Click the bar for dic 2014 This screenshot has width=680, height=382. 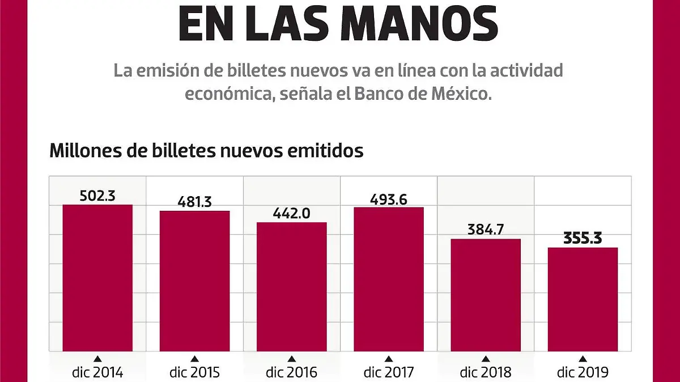(97, 278)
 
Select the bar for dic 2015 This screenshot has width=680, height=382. (194, 281)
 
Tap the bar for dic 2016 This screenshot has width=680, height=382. (292, 287)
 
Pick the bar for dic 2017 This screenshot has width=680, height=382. (389, 279)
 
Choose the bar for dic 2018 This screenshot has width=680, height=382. (486, 295)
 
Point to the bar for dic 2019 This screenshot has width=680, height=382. (583, 299)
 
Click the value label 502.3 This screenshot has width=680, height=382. (97, 196)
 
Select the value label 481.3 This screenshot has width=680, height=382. (194, 202)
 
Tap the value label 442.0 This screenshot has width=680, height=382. (292, 213)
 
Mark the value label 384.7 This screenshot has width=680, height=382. (486, 230)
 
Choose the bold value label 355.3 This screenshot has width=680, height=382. (583, 238)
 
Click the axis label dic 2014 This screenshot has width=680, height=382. (97, 372)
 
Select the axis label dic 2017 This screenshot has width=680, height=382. (389, 372)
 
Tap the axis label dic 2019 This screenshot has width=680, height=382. (583, 372)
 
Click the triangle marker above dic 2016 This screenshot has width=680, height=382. (292, 359)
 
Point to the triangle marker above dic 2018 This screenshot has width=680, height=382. (486, 359)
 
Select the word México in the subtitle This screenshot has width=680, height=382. (460, 94)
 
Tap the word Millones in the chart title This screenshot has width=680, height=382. (85, 151)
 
